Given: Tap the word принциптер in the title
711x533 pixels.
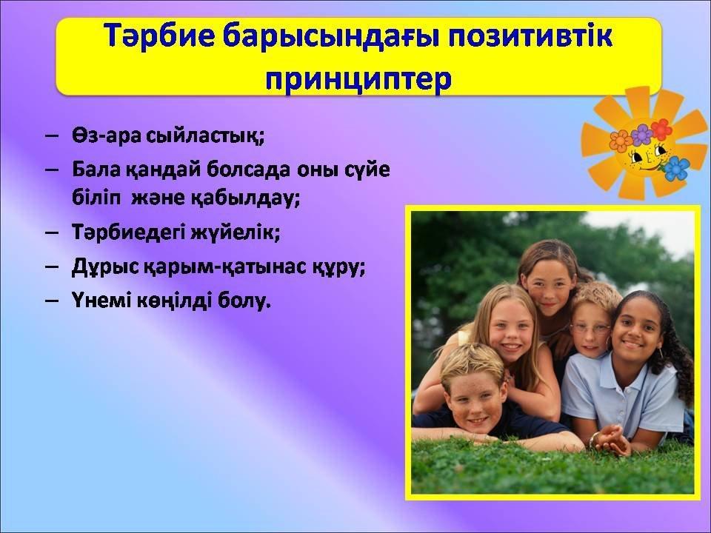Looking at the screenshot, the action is click(358, 79).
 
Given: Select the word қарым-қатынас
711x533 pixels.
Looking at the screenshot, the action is click(224, 267).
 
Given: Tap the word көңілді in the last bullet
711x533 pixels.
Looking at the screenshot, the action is click(173, 300).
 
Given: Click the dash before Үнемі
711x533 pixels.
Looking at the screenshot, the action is click(52, 300).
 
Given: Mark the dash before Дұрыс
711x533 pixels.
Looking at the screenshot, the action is click(52, 266).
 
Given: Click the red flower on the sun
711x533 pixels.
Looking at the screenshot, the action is click(661, 130).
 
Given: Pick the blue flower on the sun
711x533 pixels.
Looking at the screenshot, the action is click(676, 168).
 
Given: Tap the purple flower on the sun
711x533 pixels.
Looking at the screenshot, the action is click(641, 135).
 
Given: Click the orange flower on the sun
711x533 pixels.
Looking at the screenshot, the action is click(621, 141).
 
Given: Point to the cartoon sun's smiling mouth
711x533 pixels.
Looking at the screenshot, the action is click(649, 167).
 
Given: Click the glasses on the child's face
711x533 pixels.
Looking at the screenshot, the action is click(591, 328).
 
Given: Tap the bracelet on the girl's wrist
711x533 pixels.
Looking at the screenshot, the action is click(592, 439).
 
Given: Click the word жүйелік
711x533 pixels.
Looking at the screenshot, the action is click(235, 232).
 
